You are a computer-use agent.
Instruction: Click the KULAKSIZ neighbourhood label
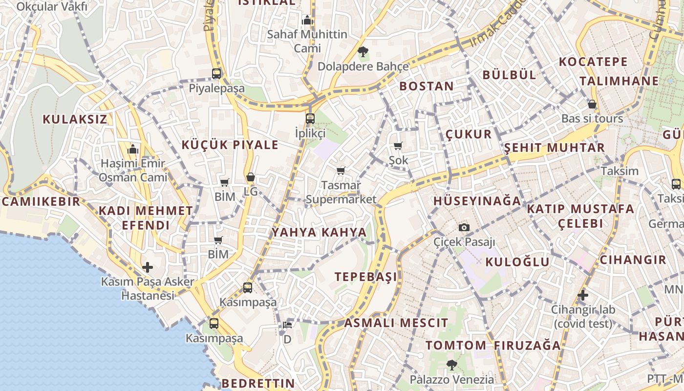click(x=75, y=119)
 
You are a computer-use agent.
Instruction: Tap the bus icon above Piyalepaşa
click(x=216, y=74)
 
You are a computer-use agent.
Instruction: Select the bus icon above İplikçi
click(x=310, y=118)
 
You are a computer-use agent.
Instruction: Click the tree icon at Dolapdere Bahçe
click(x=363, y=51)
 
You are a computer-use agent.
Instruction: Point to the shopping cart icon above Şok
click(x=398, y=146)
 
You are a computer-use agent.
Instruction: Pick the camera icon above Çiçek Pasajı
click(x=464, y=227)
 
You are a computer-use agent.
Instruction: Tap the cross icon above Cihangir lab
click(x=582, y=295)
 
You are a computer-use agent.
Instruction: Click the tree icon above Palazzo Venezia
click(x=452, y=365)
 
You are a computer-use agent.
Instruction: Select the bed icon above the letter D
click(x=287, y=325)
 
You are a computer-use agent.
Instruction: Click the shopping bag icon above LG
click(x=251, y=177)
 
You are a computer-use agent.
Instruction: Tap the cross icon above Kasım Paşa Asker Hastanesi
click(x=148, y=267)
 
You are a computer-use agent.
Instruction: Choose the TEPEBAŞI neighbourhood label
click(x=366, y=277)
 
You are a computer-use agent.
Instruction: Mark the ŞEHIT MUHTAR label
click(x=555, y=148)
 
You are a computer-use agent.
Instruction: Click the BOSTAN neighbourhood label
click(x=427, y=87)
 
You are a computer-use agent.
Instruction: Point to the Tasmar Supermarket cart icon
click(x=341, y=171)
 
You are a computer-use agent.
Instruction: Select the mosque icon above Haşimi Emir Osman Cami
click(x=132, y=149)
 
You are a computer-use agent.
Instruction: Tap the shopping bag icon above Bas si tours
click(x=592, y=104)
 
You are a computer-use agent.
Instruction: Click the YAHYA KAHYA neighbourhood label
click(x=319, y=233)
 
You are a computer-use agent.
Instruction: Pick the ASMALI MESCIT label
click(x=396, y=323)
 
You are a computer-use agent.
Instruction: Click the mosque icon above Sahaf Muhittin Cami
click(x=307, y=20)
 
